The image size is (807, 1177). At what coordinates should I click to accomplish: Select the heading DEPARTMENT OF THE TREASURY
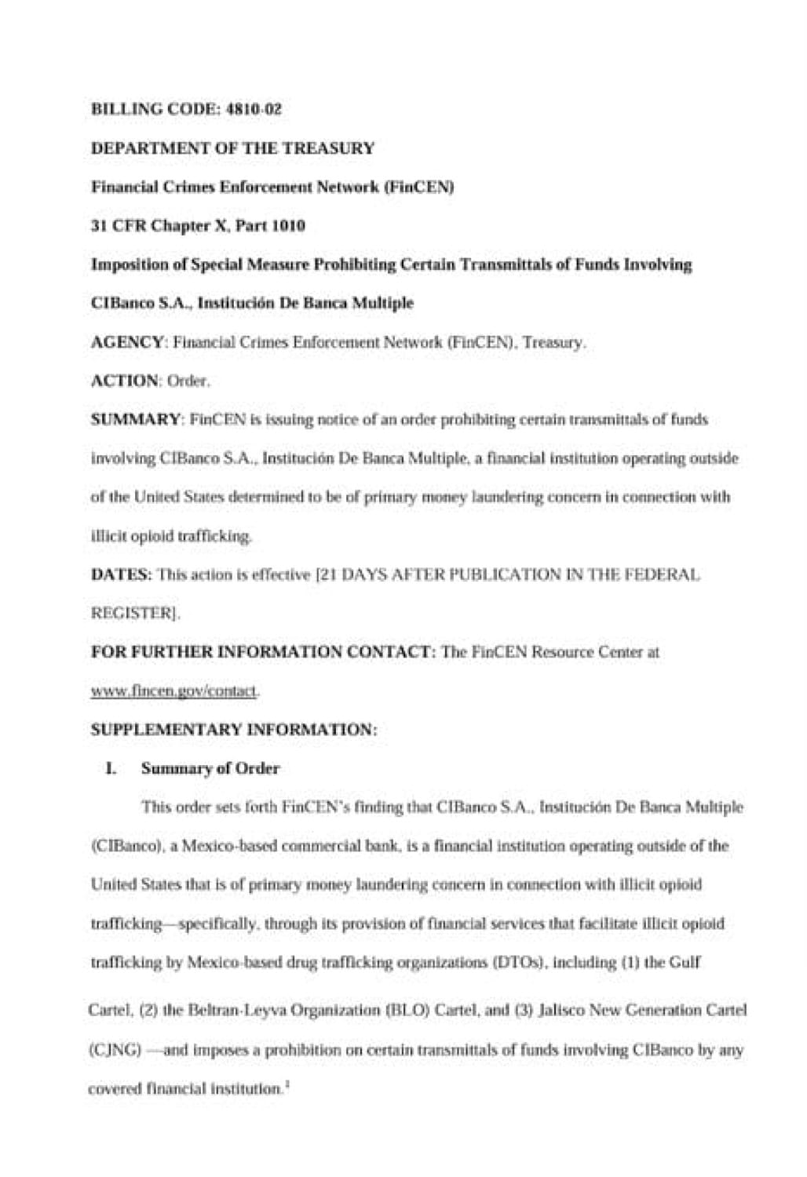[x=232, y=148]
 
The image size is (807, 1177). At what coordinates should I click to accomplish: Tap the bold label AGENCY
[x=128, y=342]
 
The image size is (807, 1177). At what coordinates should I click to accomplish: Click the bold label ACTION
[x=125, y=381]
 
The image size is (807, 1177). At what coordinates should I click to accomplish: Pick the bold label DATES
[x=121, y=574]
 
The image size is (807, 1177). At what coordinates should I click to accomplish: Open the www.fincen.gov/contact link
[x=175, y=691]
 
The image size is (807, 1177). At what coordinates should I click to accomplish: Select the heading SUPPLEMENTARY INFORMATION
[x=234, y=729]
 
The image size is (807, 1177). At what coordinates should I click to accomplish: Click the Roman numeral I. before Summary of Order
[x=111, y=768]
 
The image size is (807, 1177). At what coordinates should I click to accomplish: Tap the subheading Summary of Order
[x=210, y=768]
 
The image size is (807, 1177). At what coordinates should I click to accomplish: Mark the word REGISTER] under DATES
[x=136, y=614]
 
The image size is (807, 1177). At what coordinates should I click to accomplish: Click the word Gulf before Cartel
[x=685, y=962]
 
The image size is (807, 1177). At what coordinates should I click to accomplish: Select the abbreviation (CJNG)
[x=114, y=1049]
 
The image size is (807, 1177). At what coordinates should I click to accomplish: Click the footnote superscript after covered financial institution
[x=287, y=1085]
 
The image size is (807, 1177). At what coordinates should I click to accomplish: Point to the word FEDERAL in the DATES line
[x=667, y=574]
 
